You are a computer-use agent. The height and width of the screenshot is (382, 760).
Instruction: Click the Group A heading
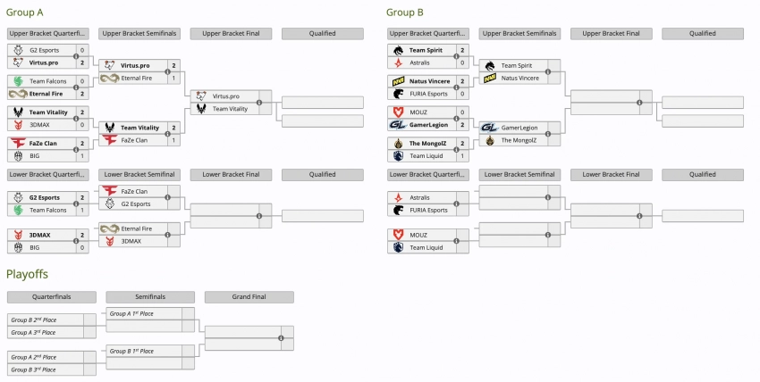[x=25, y=12]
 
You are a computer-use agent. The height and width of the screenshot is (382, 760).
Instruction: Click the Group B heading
[x=404, y=12]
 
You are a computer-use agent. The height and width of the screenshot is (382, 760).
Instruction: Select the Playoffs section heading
[x=27, y=273]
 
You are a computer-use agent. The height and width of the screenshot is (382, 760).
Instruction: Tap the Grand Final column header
[x=249, y=297]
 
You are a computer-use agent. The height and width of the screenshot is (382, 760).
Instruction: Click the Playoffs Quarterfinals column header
[x=51, y=297]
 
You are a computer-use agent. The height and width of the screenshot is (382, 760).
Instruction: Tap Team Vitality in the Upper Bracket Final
[x=230, y=109]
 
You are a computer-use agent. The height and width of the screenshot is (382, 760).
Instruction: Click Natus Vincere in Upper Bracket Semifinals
[x=519, y=79]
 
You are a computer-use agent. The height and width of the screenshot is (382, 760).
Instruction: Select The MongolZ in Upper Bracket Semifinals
[x=519, y=140]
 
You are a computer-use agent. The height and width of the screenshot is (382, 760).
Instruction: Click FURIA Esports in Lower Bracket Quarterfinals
[x=428, y=210]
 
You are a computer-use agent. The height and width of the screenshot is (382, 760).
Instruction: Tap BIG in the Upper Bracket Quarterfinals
[x=36, y=156]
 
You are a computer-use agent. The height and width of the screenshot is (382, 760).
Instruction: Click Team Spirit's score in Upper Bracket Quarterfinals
[x=462, y=50]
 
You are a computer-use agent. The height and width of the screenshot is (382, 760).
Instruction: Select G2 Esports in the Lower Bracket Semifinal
[x=136, y=203]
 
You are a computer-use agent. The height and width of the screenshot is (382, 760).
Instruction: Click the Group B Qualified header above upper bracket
[x=702, y=34]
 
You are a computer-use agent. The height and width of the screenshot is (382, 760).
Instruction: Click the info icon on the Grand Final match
[x=281, y=338]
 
